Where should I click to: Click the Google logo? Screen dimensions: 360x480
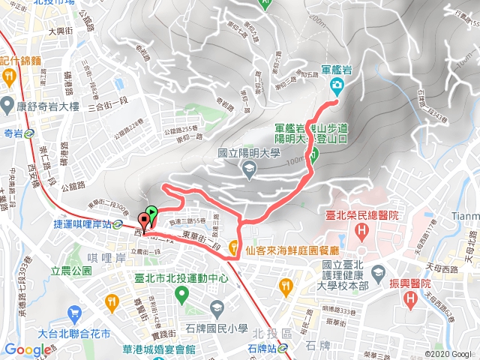point(28,349)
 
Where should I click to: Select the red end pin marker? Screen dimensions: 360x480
point(143,222)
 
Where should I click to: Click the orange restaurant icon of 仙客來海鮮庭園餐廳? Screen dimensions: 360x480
point(235,247)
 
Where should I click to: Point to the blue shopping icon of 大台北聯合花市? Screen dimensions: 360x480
point(73,313)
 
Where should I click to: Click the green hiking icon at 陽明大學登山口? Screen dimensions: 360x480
point(314,155)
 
